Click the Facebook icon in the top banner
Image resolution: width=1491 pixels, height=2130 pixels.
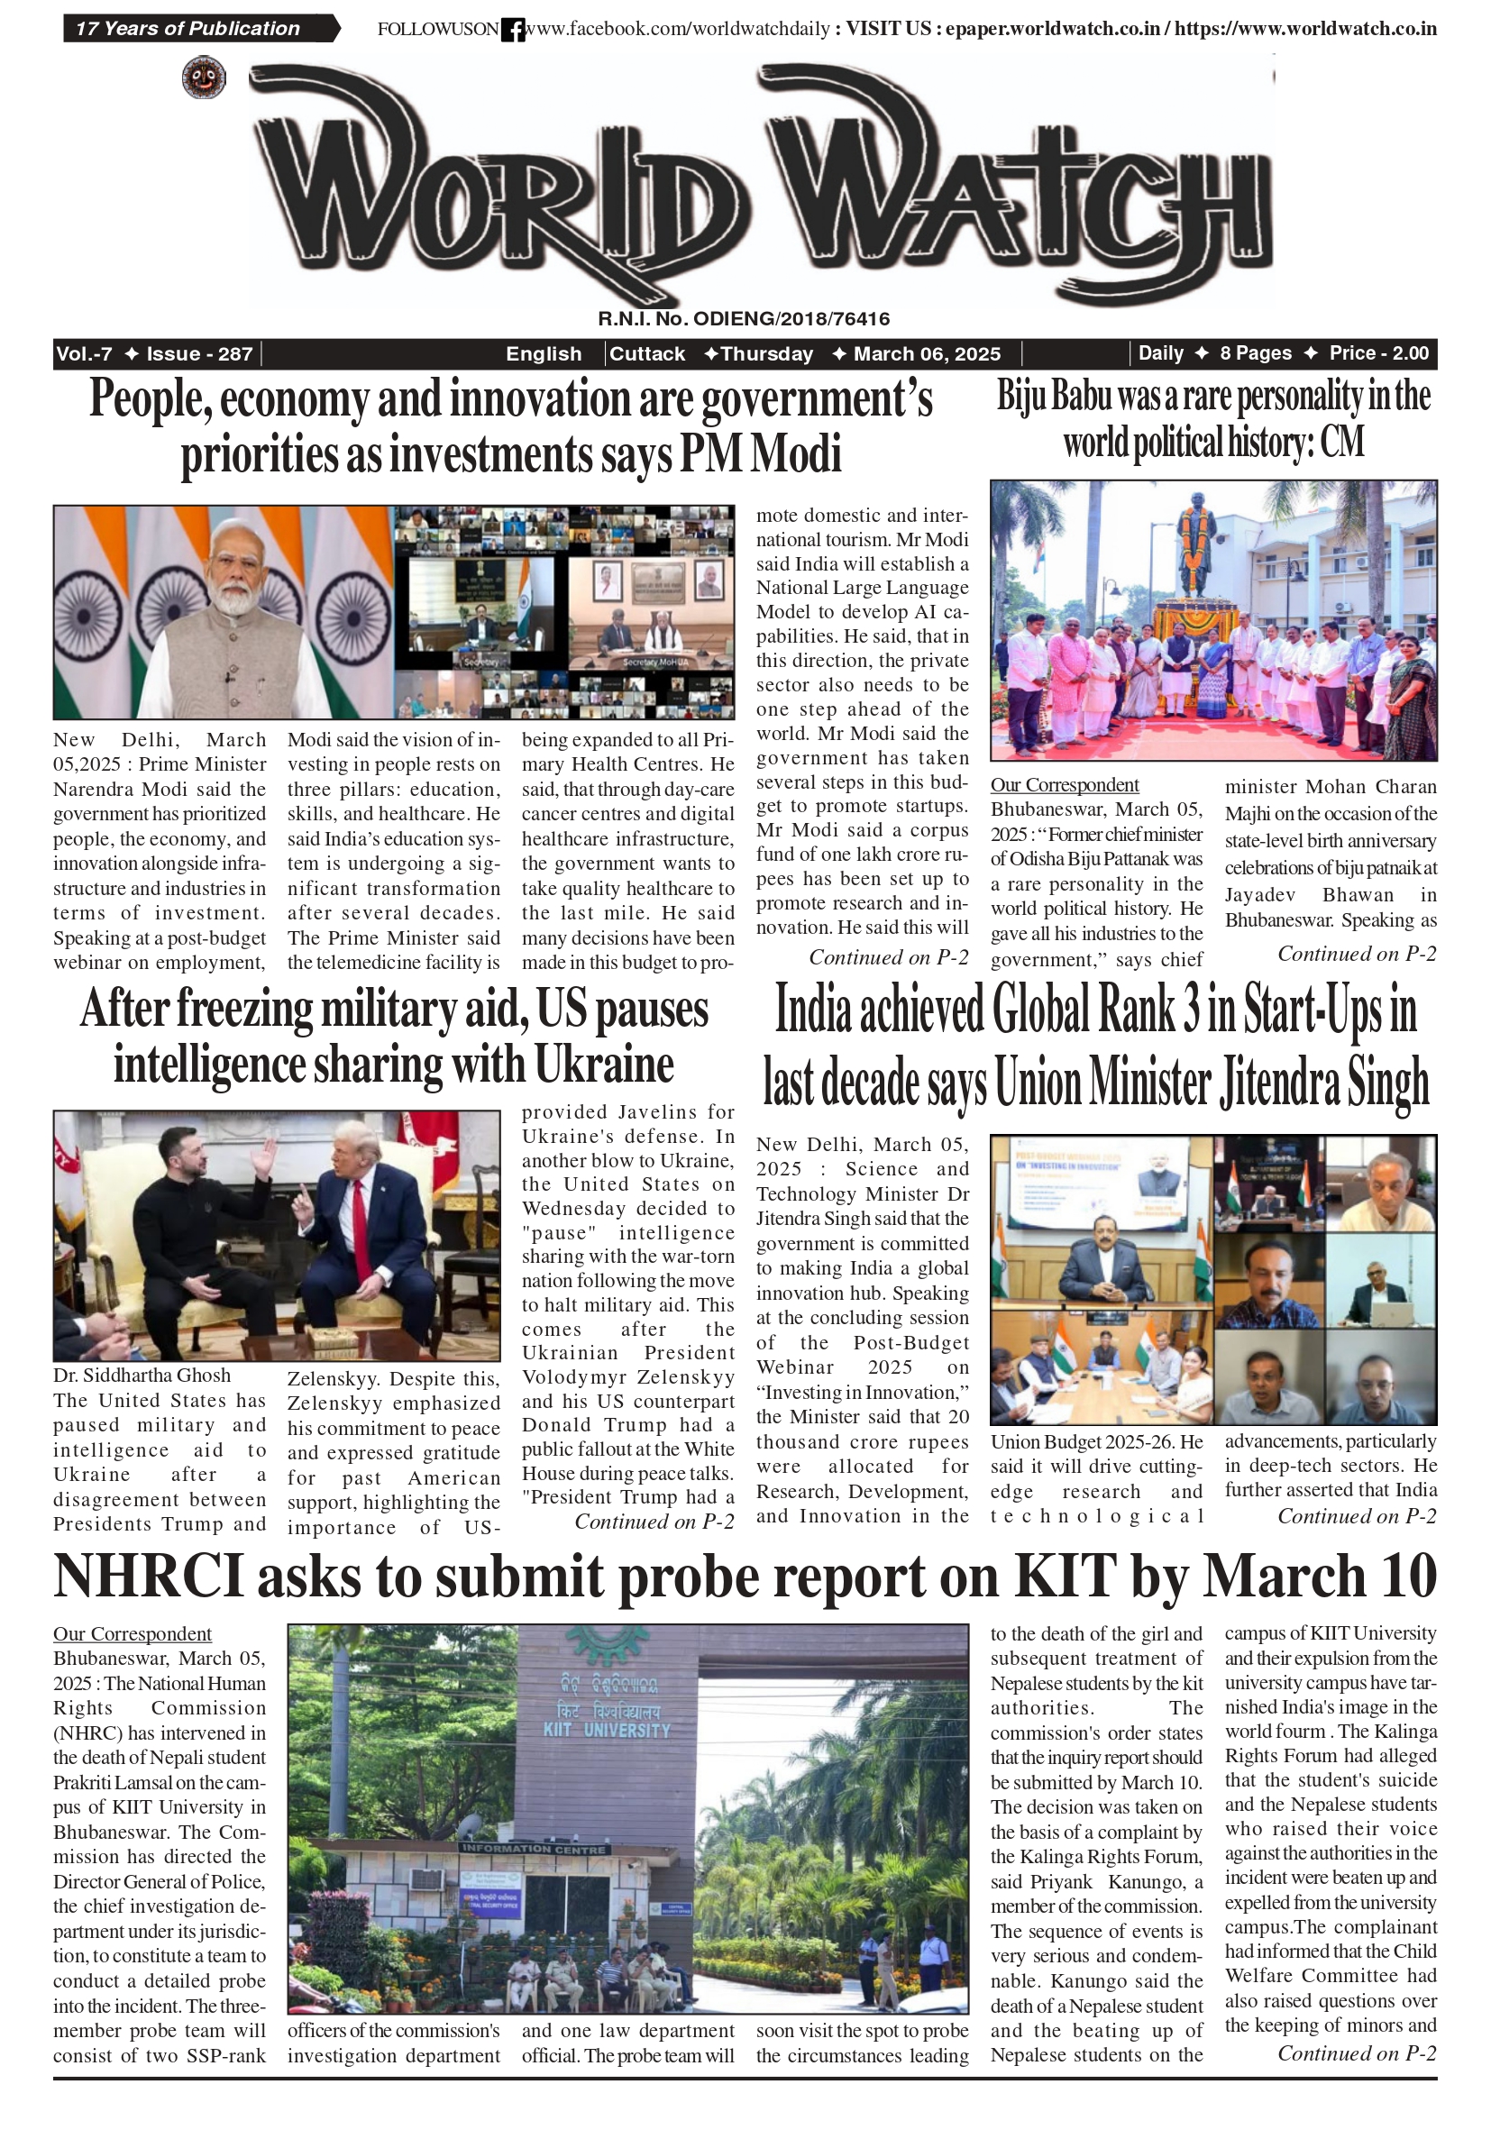pos(512,30)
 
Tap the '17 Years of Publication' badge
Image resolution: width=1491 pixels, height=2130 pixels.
pos(188,29)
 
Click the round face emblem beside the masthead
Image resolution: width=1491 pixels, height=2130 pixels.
pos(203,77)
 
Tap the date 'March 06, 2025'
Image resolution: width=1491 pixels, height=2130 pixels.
pos(926,353)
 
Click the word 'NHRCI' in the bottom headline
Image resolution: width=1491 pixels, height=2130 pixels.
pos(149,1577)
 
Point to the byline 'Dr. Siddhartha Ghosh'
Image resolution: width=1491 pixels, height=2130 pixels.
pos(142,1375)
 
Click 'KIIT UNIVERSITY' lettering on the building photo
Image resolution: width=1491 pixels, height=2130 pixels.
pos(607,1731)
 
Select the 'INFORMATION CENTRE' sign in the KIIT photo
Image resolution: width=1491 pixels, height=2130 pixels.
pos(534,1849)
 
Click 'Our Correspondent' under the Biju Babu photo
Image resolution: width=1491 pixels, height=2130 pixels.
pos(1065,785)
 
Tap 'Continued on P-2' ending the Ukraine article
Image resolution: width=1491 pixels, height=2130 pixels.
pos(654,1522)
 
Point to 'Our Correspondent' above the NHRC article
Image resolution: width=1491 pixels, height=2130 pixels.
pos(132,1633)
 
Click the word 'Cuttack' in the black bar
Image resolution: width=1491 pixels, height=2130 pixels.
pos(646,353)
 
